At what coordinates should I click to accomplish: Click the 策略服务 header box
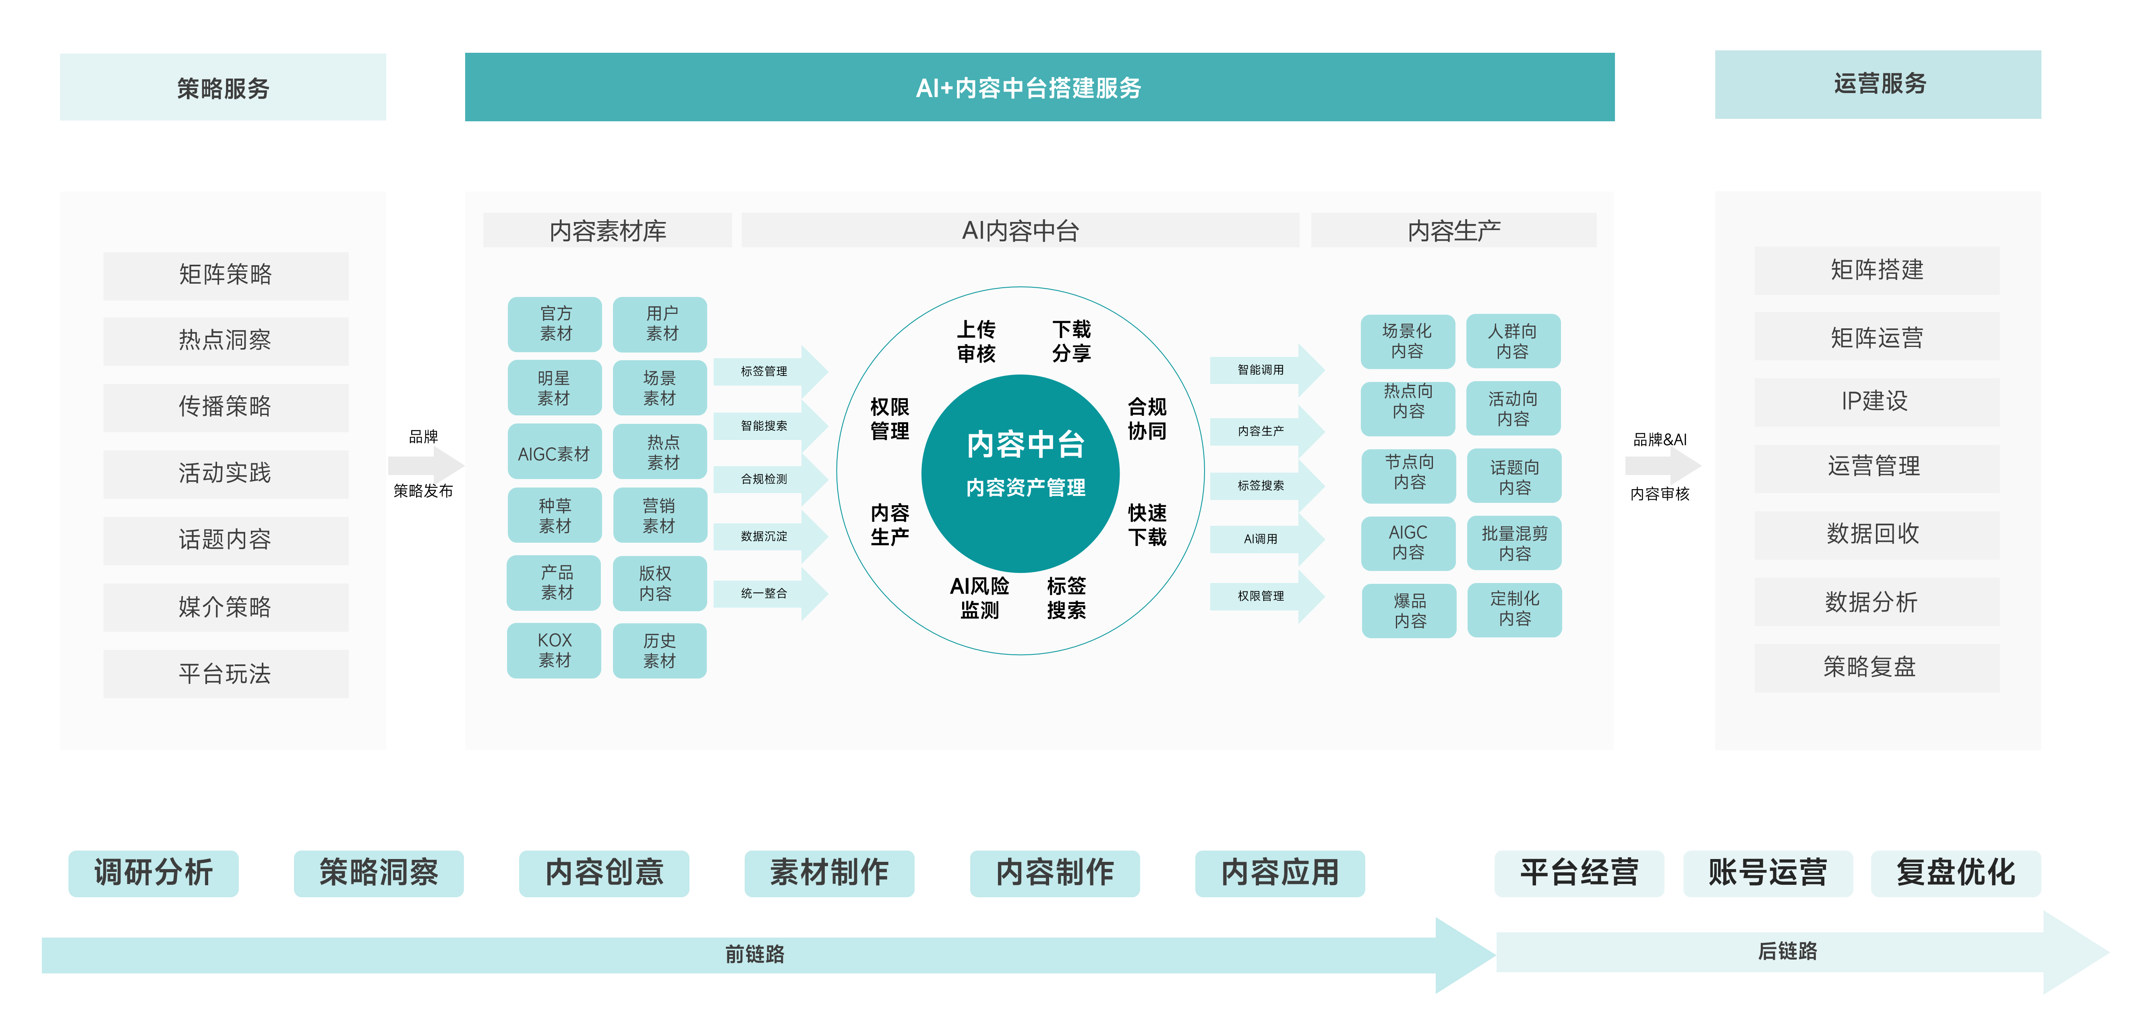coord(223,88)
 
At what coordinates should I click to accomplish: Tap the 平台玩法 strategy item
coord(226,674)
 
